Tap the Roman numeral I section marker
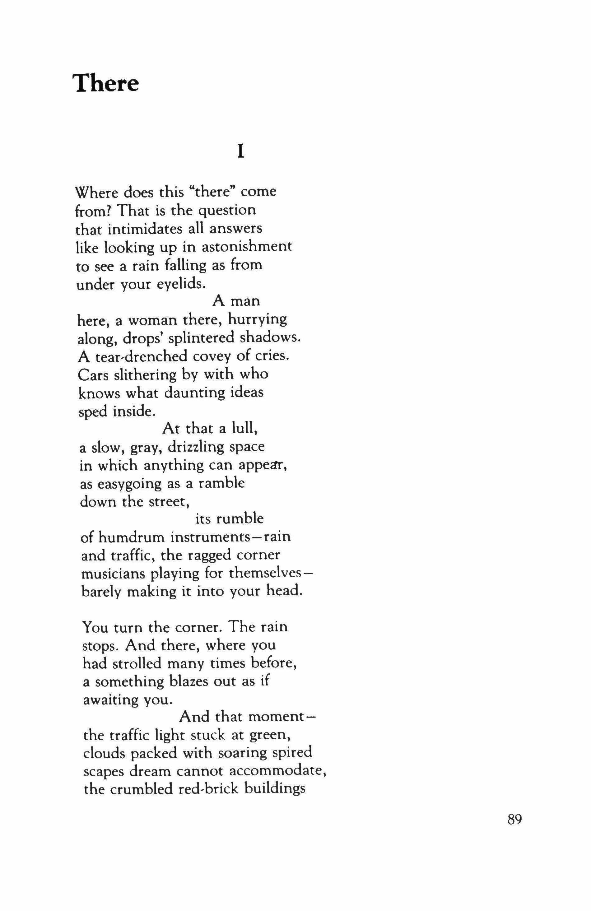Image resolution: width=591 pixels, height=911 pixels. pyautogui.click(x=240, y=152)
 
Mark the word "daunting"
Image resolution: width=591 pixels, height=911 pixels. pyautogui.click(x=195, y=393)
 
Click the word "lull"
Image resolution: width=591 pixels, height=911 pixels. pyautogui.click(x=244, y=428)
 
